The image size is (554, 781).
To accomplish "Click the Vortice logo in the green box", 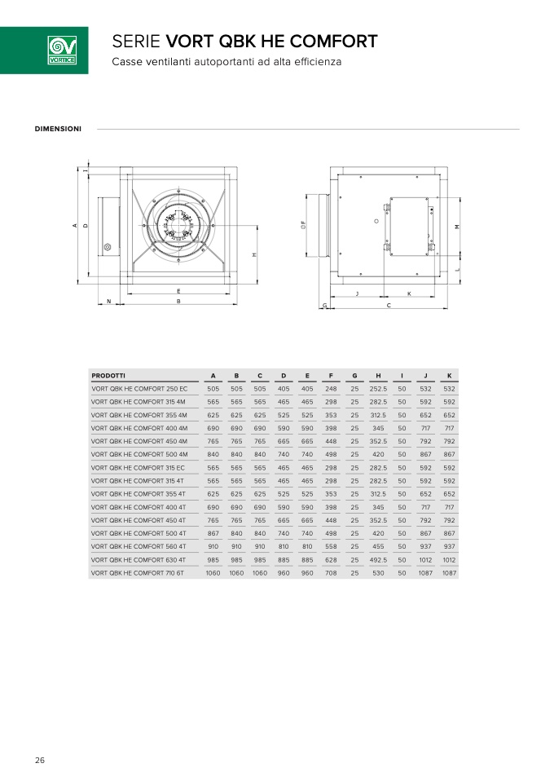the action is point(62,51).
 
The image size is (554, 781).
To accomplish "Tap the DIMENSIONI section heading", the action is point(58,129).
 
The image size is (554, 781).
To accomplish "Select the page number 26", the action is point(40,760).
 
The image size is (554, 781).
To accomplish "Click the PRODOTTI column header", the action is point(108,376).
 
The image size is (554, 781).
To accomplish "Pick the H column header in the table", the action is point(378,376).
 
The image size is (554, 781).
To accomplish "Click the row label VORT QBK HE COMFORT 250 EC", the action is point(139,389).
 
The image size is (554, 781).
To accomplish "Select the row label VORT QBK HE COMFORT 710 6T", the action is point(138,573).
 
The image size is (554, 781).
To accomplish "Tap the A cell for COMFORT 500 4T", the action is point(213,533).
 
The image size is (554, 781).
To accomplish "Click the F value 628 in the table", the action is point(331,560).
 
